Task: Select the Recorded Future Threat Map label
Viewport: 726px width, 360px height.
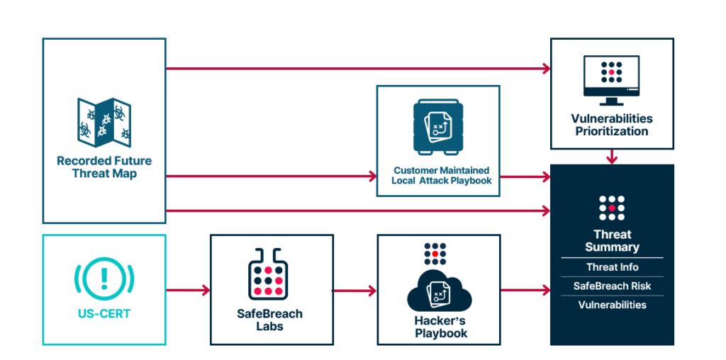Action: point(104,167)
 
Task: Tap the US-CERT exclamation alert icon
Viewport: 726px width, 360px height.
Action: point(104,278)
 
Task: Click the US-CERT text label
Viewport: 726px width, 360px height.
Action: point(104,313)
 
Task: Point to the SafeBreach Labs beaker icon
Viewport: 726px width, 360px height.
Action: point(271,274)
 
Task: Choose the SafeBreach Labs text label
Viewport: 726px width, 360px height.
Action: point(271,320)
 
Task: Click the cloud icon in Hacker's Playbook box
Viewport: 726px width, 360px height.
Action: point(438,291)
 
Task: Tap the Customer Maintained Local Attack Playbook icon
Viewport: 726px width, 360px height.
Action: point(437,128)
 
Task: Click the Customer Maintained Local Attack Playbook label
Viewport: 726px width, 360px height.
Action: point(437,176)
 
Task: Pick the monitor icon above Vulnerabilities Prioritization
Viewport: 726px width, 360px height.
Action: point(611,77)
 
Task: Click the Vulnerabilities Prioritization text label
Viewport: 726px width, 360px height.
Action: point(611,125)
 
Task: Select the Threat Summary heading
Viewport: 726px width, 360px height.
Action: point(612,241)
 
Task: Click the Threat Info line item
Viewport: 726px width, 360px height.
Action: point(612,267)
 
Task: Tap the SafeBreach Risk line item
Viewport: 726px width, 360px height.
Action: point(612,286)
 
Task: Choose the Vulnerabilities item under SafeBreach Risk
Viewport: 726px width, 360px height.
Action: point(612,305)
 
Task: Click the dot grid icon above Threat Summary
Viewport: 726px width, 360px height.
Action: point(612,207)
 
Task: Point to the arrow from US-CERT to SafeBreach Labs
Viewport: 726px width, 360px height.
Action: point(188,290)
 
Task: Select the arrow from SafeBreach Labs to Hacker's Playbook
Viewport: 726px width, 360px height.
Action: point(354,290)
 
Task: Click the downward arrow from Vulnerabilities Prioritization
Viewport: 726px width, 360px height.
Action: point(612,157)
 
